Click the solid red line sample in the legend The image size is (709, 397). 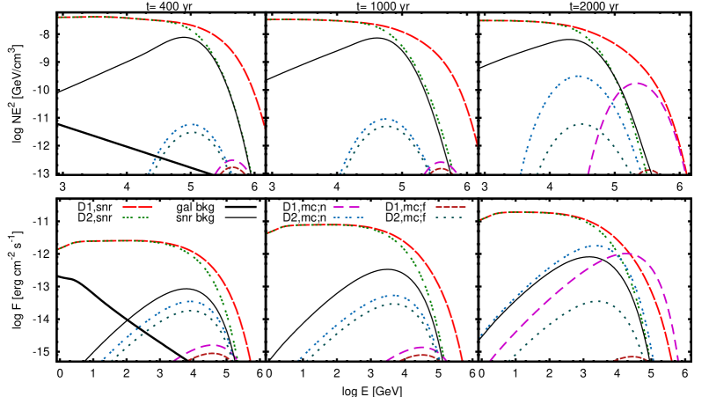click(x=136, y=207)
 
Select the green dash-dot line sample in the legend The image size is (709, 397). click(x=136, y=217)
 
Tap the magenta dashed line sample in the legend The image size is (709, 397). click(x=347, y=207)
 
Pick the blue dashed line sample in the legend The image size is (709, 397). click(x=347, y=217)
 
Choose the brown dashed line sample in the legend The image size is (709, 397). click(x=450, y=207)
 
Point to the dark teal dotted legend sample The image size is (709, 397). click(x=450, y=217)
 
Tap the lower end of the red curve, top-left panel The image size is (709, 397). click(x=263, y=125)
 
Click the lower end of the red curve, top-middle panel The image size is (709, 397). click(x=476, y=143)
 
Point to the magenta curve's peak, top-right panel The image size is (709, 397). click(x=635, y=84)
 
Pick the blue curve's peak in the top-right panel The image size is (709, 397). click(x=577, y=76)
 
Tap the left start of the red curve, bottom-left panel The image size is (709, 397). click(x=59, y=249)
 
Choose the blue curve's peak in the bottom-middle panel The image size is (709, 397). click(x=393, y=295)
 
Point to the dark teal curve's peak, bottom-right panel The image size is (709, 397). click(x=596, y=301)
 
